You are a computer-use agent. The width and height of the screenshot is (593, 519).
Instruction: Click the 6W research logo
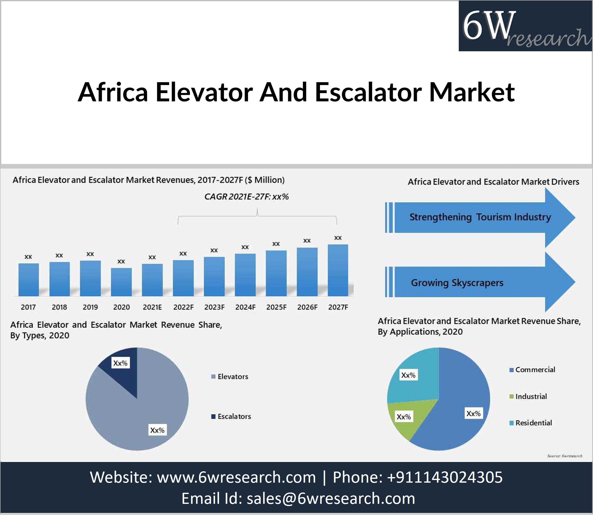point(525,26)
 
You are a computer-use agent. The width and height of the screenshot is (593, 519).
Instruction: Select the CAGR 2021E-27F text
point(246,197)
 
